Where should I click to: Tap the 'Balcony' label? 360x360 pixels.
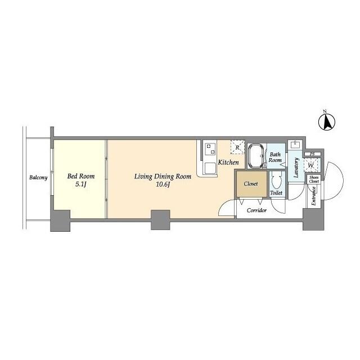coord(38,178)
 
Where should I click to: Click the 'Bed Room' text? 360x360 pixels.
coord(80,176)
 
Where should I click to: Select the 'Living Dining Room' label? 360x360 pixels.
coord(163,176)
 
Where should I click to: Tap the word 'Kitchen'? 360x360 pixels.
coord(228,163)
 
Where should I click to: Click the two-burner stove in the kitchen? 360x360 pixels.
coord(211,149)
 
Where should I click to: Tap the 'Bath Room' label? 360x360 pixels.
coord(275,157)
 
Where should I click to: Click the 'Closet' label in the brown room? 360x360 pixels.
coord(250,184)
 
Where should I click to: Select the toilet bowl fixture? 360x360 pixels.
coord(276,181)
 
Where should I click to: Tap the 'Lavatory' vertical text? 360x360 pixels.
coord(296,168)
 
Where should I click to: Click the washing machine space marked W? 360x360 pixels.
coord(311,165)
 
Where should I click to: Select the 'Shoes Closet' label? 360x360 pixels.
coord(313,179)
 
